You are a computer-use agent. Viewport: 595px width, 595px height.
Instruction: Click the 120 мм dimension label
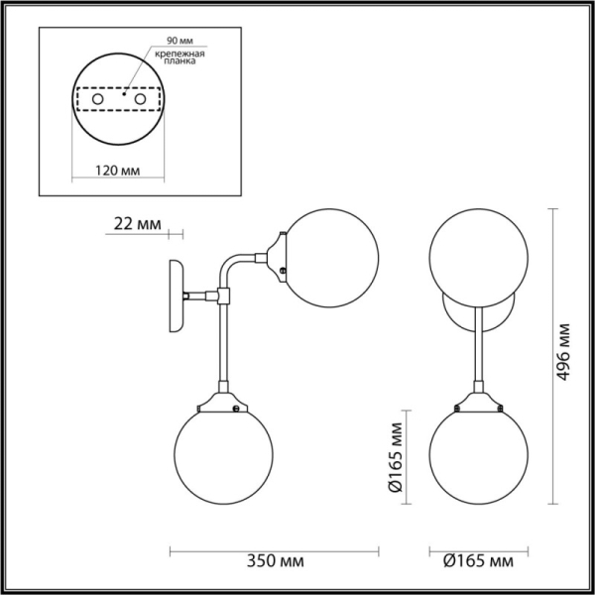tap(116, 170)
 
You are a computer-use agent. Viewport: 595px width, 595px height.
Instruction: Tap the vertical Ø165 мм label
tap(394, 458)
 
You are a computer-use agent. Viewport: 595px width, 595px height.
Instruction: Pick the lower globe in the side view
tap(220, 455)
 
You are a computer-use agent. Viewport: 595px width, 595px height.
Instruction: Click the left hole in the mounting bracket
tap(96, 100)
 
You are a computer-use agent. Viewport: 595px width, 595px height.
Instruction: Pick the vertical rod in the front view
tap(477, 347)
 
